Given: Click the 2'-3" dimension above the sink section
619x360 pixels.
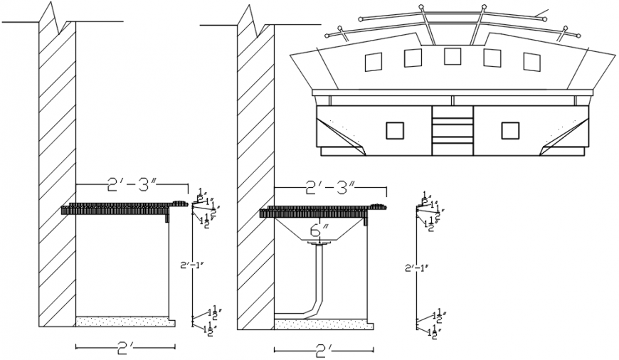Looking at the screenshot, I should (329, 189).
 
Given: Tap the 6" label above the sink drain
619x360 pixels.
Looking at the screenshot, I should (319, 231).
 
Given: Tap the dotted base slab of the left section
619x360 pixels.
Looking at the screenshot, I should (125, 322).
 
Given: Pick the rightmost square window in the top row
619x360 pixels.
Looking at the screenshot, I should (531, 62).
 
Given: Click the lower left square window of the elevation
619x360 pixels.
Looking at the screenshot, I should (394, 130).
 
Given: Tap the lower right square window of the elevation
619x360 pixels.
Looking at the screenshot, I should (509, 130).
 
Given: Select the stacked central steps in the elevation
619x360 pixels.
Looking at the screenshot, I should (452, 129).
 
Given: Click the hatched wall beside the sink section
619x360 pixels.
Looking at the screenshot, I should (255, 178).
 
